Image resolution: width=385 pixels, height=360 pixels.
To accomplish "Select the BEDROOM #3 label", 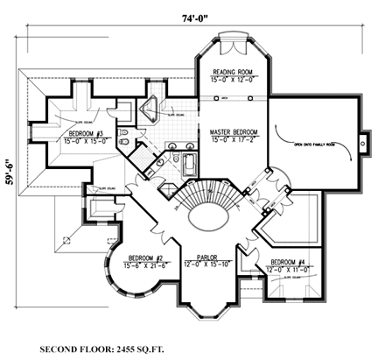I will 87,134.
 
